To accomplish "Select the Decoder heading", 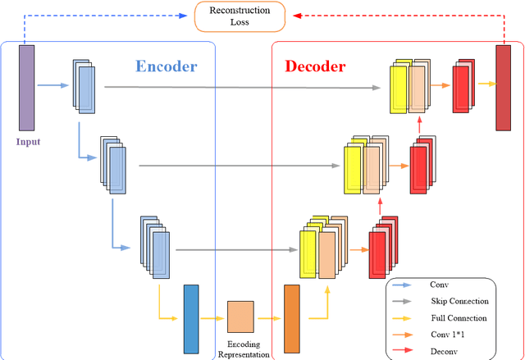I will (316, 66).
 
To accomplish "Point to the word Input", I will (27, 141).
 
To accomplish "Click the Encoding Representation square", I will (240, 315).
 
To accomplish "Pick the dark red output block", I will (504, 88).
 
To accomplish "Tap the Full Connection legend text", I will (457, 317).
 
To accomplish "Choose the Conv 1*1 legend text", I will (449, 334).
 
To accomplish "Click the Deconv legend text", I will (443, 350).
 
